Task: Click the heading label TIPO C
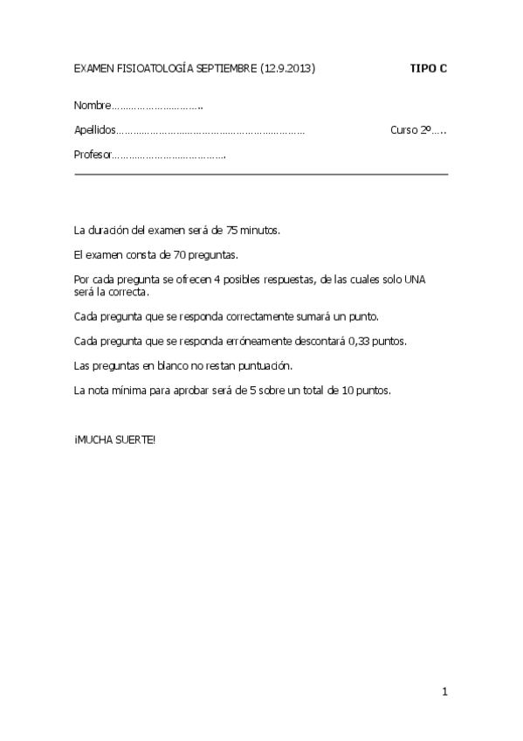429,67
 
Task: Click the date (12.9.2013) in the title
287,67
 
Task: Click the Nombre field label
93,106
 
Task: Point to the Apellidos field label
94,130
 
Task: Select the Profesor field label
93,155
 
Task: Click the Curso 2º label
411,130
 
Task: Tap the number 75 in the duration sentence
232,230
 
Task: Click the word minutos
260,230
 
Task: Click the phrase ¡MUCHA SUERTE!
114,439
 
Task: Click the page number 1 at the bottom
444,692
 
